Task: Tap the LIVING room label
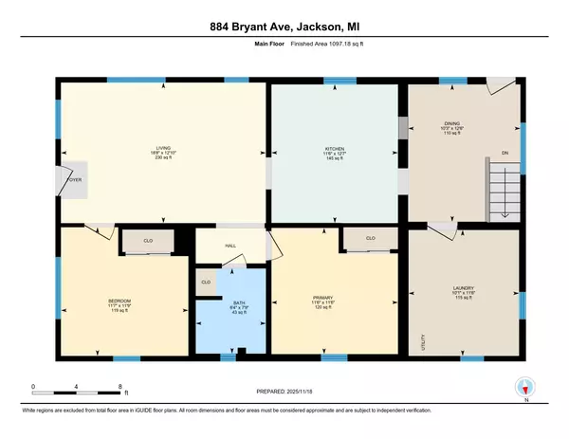point(163,147)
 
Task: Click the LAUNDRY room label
point(463,288)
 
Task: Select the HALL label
point(229,245)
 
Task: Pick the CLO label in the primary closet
point(370,238)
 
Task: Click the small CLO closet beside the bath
point(206,283)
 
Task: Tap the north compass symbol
point(519,387)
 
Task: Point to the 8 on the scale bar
point(120,385)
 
